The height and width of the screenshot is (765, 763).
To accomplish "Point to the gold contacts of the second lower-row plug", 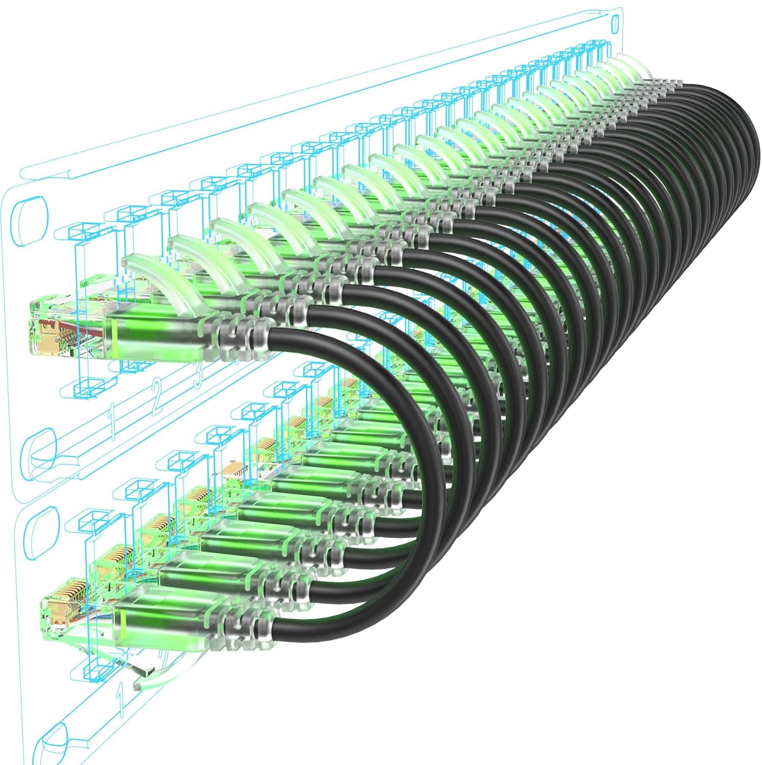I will tap(113, 556).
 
